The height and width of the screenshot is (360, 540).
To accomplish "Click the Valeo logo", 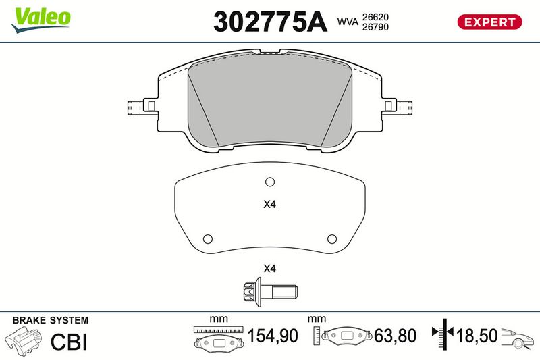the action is [40, 20].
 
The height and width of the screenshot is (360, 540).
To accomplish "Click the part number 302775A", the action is [271, 22].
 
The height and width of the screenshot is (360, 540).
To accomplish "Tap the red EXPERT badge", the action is [489, 22].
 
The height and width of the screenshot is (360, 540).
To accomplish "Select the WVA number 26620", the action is [375, 17].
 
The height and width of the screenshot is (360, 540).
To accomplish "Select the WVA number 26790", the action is [375, 27].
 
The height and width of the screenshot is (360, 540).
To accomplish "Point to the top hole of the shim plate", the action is [270, 182].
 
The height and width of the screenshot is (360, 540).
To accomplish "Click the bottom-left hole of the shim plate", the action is [208, 238].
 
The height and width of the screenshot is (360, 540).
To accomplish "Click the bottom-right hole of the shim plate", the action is [332, 238].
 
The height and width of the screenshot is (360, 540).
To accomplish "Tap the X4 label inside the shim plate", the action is [269, 204].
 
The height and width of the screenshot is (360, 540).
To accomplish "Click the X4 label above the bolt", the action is [269, 268].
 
